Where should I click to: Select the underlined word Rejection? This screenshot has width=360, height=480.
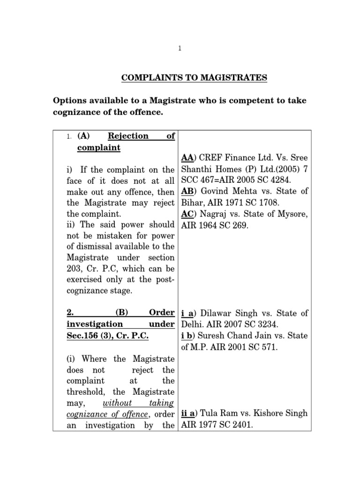tap(128, 136)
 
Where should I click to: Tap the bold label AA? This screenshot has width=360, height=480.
tap(186, 158)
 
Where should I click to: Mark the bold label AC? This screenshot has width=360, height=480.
tap(186, 213)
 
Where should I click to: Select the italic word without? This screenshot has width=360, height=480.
tap(117, 403)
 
